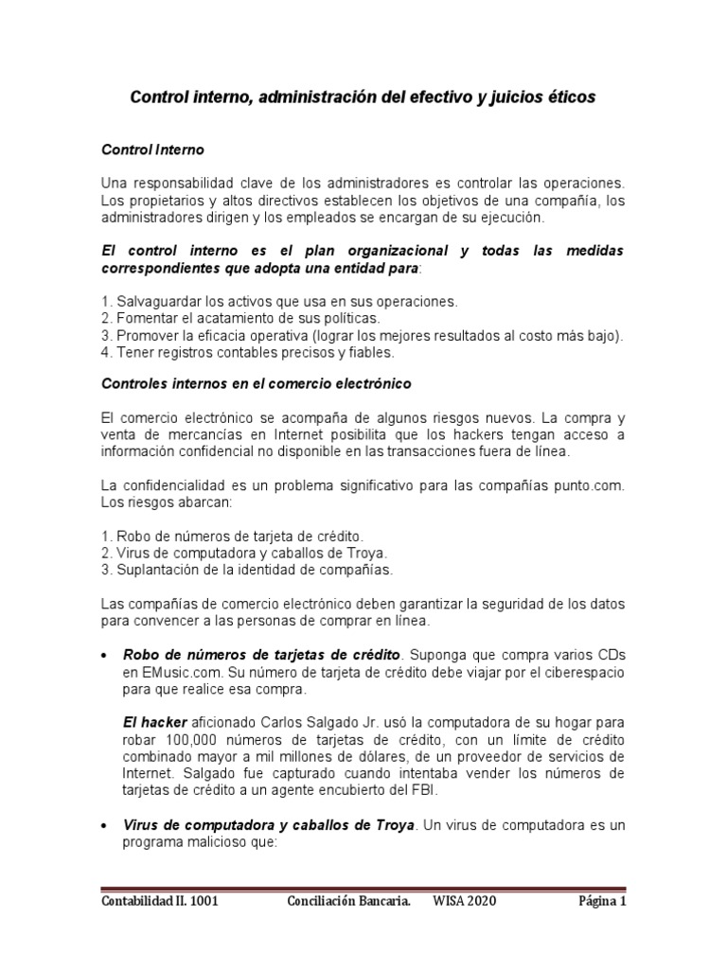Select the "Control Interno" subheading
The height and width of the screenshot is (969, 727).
151,150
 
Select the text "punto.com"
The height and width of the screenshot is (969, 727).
593,485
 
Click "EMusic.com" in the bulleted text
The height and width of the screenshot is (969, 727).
162,671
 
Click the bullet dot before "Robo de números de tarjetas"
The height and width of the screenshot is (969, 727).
102,656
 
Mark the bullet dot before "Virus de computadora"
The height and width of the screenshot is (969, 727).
102,826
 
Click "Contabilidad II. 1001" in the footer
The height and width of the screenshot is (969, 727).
160,901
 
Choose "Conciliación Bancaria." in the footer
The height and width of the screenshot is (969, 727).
348,901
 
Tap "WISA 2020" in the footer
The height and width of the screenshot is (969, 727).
465,901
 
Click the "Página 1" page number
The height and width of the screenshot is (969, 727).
603,901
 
